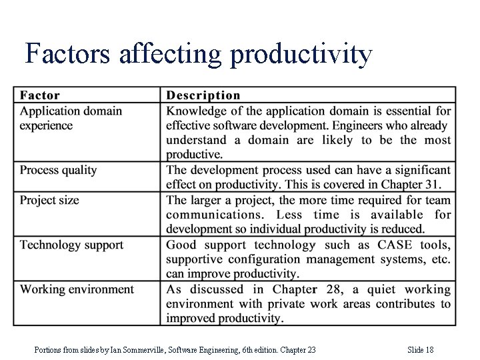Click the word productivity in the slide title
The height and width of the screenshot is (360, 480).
301,55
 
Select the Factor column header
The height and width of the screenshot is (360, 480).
40,96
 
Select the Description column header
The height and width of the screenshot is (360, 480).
203,96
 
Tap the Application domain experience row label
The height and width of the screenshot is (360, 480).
71,118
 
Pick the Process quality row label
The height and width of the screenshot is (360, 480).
59,170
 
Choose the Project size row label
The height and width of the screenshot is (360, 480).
49,200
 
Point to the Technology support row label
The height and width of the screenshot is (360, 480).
71,245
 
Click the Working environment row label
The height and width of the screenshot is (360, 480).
77,289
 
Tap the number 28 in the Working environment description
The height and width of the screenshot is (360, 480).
328,289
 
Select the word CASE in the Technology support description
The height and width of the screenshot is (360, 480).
395,245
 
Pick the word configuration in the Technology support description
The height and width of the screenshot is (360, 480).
269,259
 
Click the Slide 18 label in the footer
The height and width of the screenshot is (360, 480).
420,350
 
